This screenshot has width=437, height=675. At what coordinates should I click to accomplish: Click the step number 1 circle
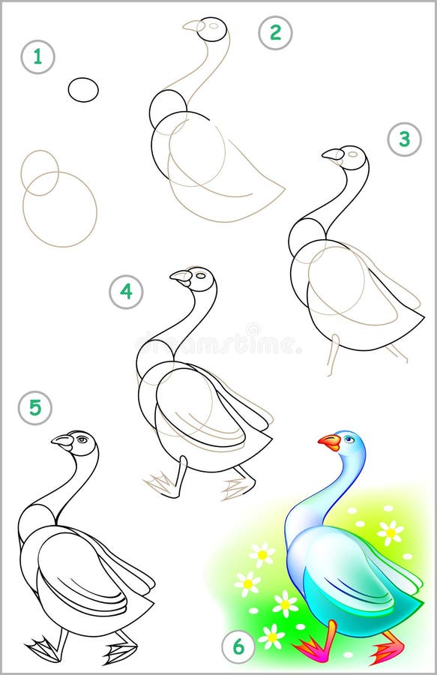point(37,57)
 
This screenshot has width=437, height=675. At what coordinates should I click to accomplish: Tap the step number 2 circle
point(275,32)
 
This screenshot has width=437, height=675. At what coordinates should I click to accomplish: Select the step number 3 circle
point(404,139)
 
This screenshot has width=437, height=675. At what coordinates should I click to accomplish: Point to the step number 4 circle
point(126,292)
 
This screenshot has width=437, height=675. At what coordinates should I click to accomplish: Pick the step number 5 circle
point(35,409)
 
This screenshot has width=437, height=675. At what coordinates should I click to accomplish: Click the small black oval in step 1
point(83,90)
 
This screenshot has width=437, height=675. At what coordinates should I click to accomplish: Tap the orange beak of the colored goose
point(328,442)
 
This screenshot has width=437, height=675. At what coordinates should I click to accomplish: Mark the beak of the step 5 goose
point(62,441)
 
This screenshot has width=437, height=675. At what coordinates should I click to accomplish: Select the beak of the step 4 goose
point(181,277)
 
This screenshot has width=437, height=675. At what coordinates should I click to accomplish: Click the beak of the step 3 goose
point(332,154)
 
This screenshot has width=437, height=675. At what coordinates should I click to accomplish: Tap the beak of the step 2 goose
point(193,25)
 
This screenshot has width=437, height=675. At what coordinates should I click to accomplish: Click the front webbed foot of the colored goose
point(310,648)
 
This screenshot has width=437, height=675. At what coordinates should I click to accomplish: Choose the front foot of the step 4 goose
point(163,483)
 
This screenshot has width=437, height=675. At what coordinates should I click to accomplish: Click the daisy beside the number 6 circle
point(271,637)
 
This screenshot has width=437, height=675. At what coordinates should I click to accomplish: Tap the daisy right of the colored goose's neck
point(390,532)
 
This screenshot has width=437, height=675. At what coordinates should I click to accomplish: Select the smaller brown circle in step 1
point(40,172)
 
